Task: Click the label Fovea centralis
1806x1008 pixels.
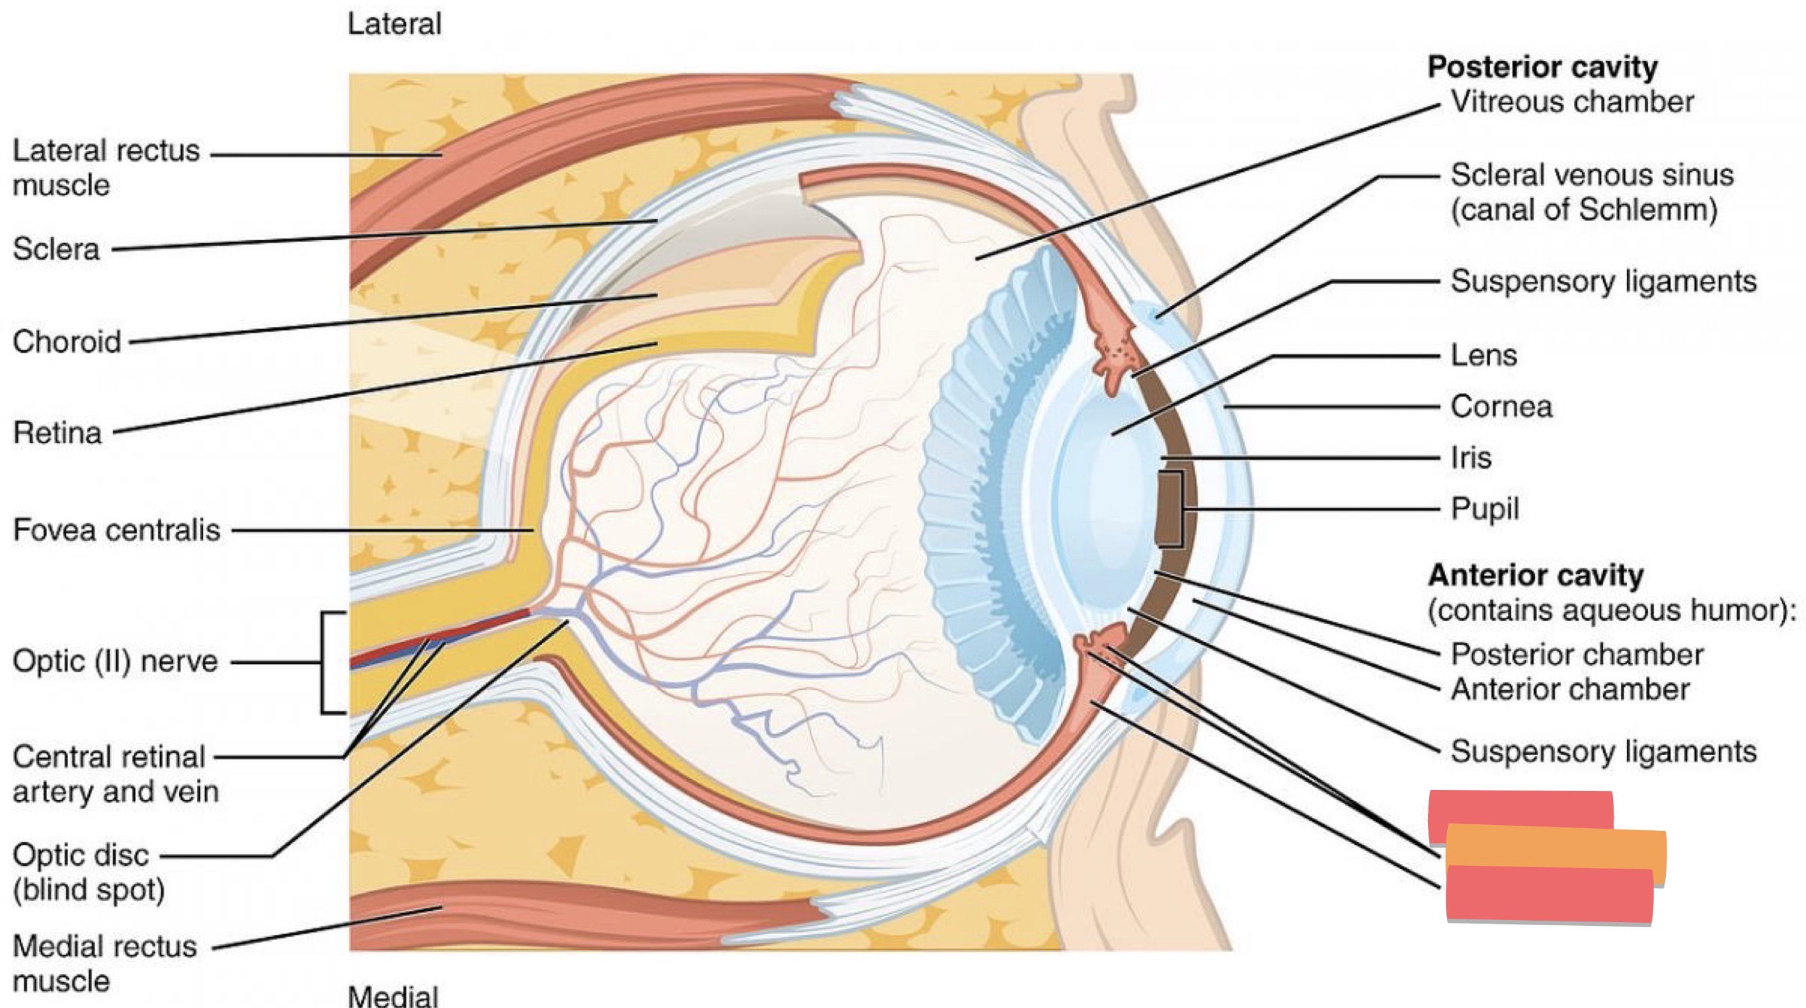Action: pos(116,530)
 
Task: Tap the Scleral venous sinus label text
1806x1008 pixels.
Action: pos(1591,192)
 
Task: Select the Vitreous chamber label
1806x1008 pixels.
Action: pos(1572,102)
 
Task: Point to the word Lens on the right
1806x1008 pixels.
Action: pos(1483,356)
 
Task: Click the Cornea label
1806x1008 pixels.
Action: pos(1501,407)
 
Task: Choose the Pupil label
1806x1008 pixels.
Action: pos(1484,510)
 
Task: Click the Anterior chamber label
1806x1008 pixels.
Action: pos(1570,689)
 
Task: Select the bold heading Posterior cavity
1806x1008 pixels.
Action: pos(1542,67)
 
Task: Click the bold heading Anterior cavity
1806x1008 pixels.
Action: pos(1536,576)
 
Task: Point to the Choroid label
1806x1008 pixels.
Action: pos(67,342)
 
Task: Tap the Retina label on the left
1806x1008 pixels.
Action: pos(57,432)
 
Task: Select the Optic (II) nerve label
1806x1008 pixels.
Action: pos(115,661)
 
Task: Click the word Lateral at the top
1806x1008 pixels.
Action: pos(394,24)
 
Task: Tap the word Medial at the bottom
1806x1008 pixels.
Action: pos(393,995)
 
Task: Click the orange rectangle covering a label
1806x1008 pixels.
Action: pos(1556,854)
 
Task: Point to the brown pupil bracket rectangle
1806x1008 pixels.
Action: pos(1169,510)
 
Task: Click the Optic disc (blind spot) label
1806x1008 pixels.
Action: pos(89,872)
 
